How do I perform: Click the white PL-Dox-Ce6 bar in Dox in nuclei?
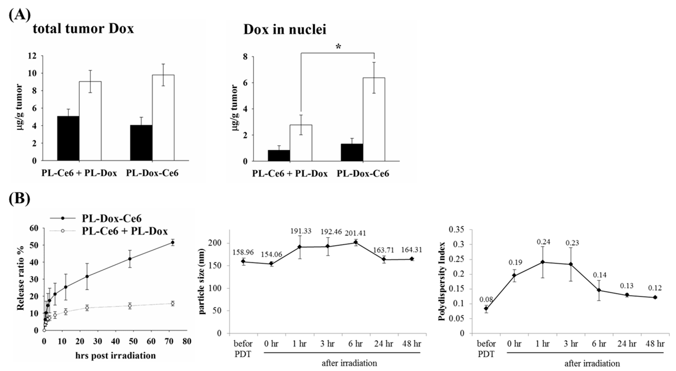374,119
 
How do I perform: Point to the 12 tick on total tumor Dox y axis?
31,56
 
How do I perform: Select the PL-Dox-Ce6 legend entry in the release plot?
112,218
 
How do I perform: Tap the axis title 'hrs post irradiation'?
116,356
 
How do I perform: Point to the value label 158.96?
243,252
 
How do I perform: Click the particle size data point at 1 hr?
300,247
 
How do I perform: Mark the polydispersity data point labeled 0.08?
486,308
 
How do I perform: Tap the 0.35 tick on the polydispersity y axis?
456,229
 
